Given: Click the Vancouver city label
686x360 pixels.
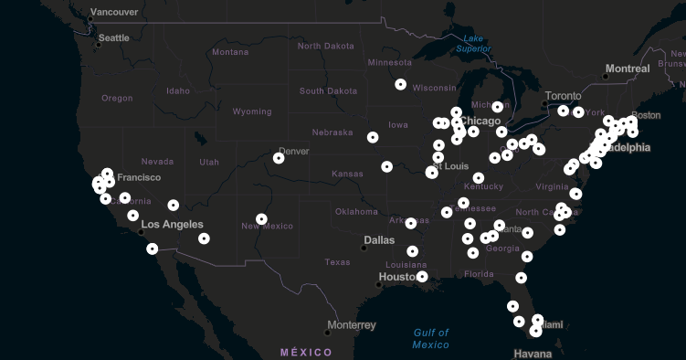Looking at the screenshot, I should [114, 12].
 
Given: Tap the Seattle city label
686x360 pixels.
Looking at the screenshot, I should [114, 37].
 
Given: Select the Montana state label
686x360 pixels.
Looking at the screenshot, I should [230, 52].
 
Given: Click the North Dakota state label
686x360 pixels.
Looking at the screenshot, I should [325, 46].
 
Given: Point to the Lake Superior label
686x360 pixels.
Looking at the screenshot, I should [473, 43].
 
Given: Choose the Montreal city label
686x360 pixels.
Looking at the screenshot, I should [628, 69].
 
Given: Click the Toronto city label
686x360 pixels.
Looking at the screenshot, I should [563, 96].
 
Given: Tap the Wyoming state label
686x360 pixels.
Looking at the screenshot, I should [251, 111].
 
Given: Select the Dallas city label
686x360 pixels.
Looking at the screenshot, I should [379, 240].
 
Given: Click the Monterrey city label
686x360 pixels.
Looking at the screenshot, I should [351, 324].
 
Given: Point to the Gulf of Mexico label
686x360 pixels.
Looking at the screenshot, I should [430, 338].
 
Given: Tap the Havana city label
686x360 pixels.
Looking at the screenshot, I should [533, 354].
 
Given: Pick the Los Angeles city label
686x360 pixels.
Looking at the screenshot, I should [172, 224].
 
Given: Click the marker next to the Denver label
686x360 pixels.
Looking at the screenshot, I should [279, 158].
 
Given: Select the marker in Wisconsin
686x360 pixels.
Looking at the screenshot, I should [401, 84].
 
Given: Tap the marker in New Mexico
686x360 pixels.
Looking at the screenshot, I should [262, 219].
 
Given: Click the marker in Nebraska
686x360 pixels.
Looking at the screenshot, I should [373, 137].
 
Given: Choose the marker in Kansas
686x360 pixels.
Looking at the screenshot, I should [387, 167].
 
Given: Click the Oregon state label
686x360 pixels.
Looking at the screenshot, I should [117, 98].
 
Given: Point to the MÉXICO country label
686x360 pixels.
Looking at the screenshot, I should [306, 352].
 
